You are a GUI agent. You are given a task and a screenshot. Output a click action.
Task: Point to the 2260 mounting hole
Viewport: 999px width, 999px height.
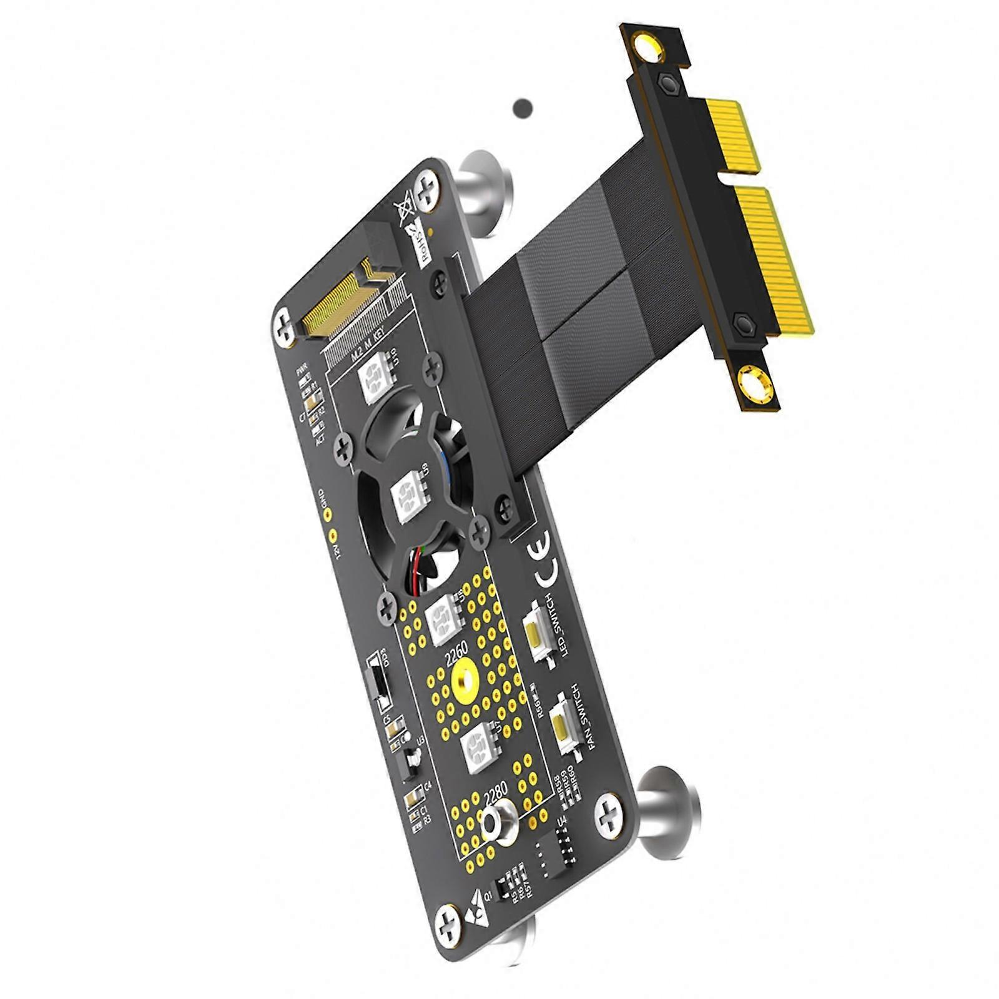coord(464,677)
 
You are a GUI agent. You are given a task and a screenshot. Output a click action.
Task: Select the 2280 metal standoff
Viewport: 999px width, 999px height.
coord(499,823)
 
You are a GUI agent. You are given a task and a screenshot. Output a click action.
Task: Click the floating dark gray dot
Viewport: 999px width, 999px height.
coord(523,109)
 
